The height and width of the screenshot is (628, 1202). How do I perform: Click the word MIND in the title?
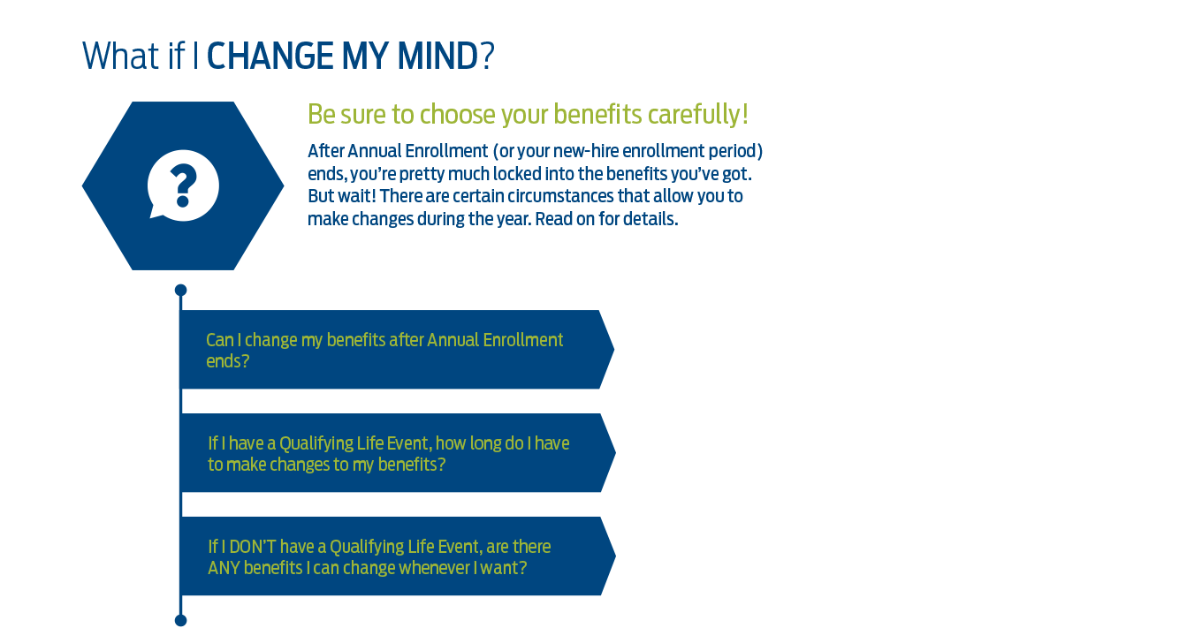coord(437,57)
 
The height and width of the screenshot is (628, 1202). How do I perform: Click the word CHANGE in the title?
coord(270,57)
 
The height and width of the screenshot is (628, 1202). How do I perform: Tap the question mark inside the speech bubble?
coord(183,185)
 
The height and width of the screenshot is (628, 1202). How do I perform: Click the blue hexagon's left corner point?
coord(83,186)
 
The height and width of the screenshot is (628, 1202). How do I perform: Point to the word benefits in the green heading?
coord(597,114)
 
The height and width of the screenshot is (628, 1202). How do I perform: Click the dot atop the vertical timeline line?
coord(181,290)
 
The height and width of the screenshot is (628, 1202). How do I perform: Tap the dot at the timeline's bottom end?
coord(181,620)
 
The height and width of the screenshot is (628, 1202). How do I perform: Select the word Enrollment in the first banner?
coord(522,340)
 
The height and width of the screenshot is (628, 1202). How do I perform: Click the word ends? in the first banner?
coord(227,361)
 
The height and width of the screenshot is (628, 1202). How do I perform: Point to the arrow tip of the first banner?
coord(613,349)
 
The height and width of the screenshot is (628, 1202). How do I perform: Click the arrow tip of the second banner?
coord(615,452)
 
